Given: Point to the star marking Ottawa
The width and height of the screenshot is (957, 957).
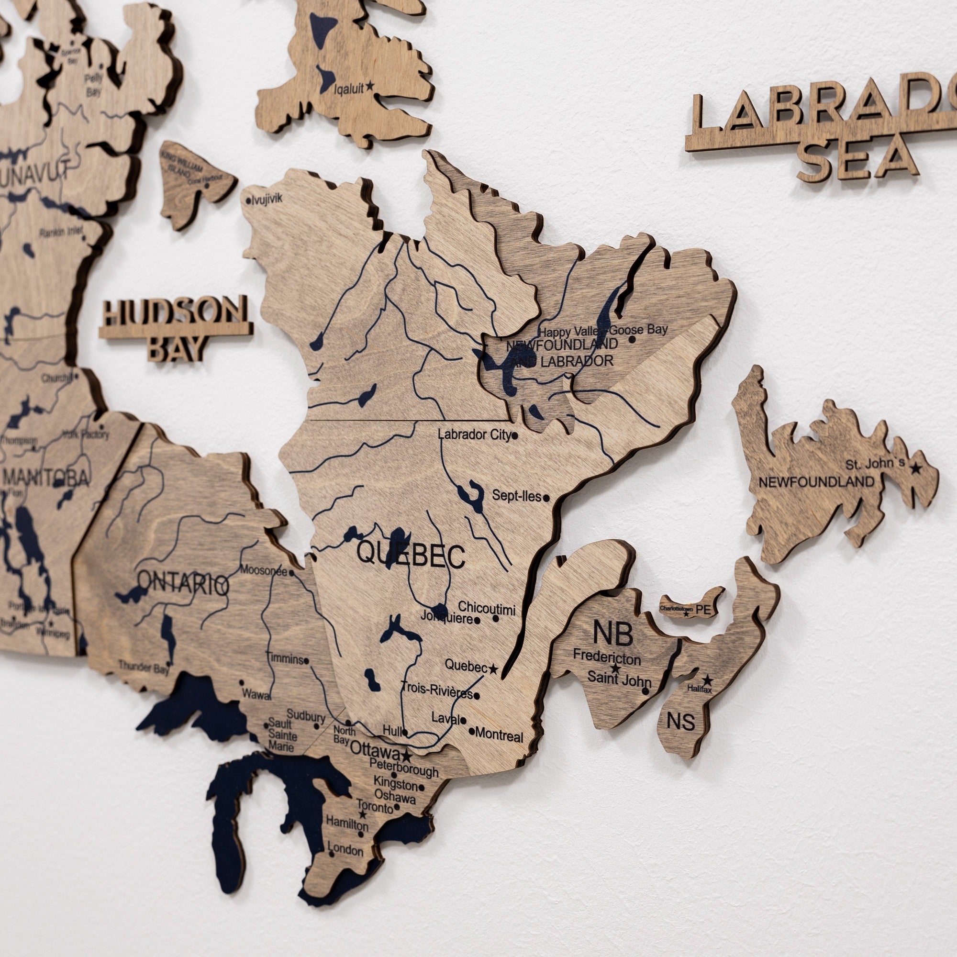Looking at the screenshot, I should [x=407, y=757].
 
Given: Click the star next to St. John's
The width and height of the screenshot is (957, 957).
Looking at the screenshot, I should [x=915, y=467].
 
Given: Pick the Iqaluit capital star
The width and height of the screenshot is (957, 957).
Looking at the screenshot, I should [x=369, y=88].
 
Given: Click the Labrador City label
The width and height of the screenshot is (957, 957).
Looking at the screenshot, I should [x=474, y=435].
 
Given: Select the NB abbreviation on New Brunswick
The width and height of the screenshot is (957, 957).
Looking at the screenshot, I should [x=613, y=633].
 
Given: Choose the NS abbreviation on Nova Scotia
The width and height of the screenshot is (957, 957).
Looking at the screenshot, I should [x=680, y=722].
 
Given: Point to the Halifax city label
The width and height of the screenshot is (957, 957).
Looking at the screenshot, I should [x=699, y=689].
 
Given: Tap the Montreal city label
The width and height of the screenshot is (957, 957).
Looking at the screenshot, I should [x=499, y=736].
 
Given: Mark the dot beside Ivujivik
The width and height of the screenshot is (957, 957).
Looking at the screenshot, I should [x=248, y=201].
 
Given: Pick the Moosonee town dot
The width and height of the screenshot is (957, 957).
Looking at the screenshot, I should [x=292, y=573].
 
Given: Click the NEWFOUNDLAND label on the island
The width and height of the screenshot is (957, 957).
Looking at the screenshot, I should [x=816, y=481].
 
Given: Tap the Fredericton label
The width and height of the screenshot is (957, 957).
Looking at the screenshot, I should [x=607, y=657].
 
